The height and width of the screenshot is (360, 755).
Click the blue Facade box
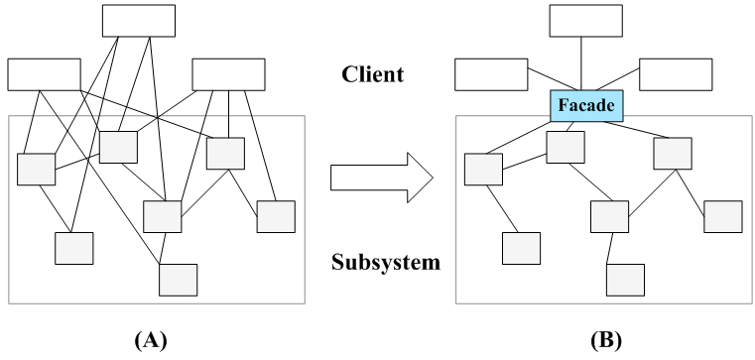pos(586,105)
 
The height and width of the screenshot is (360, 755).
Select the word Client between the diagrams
pos(378,74)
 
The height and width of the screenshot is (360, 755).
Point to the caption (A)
pos(151,340)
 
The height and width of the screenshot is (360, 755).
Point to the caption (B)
pos(605,340)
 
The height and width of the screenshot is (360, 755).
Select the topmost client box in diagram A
pos(139,21)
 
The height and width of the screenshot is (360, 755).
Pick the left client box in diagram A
pos(45,74)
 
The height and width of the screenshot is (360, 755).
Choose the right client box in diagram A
pos(228,74)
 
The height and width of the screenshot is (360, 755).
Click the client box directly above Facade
pos(586,21)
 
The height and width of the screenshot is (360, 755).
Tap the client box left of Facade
pos(492,74)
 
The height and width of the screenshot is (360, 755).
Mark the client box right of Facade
pos(676,74)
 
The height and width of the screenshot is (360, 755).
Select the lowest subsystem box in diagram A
pos(179,280)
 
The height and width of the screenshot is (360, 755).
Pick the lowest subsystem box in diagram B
pos(626,280)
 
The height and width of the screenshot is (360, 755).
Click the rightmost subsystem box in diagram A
pos(276,216)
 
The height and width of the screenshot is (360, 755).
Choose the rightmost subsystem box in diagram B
pos(723,216)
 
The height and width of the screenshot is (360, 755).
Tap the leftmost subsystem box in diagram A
pos(36,170)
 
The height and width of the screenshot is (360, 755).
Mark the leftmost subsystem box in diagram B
pos(483,170)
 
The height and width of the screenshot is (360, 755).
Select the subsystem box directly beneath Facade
pos(566,147)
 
